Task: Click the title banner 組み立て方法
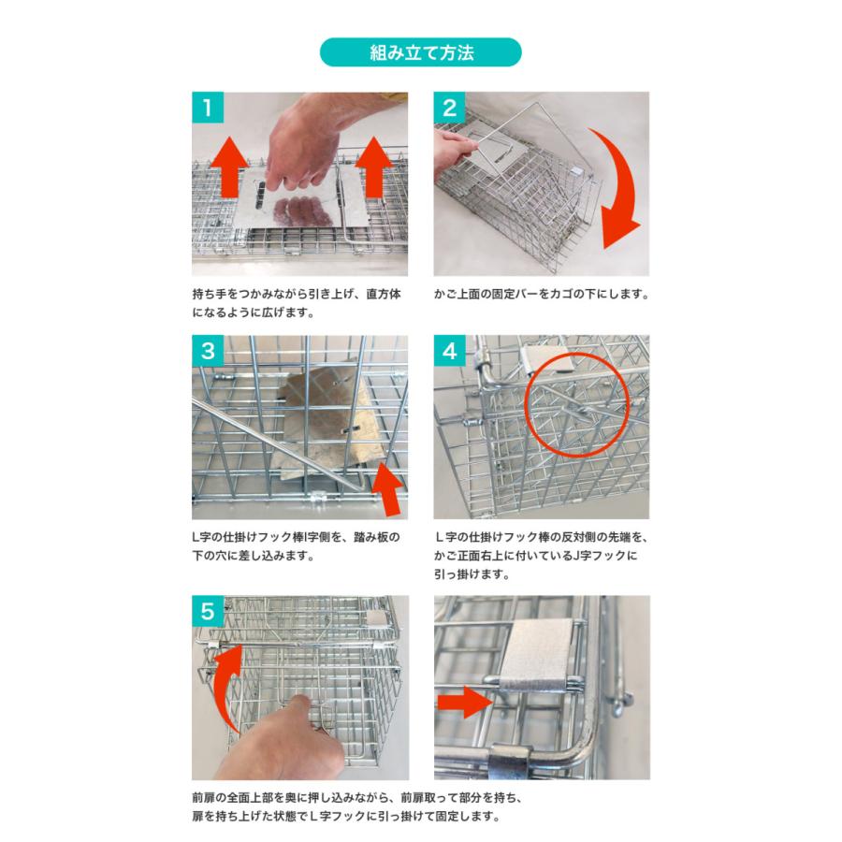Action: click(x=420, y=52)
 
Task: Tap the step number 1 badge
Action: click(x=208, y=108)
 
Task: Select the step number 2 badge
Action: click(x=449, y=108)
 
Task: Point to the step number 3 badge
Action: click(x=208, y=351)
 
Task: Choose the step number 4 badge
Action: click(x=449, y=351)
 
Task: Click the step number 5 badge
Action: click(x=208, y=611)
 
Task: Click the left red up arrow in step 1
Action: click(x=228, y=167)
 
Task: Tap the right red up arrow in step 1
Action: click(x=373, y=167)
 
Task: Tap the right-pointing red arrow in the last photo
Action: click(x=465, y=702)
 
